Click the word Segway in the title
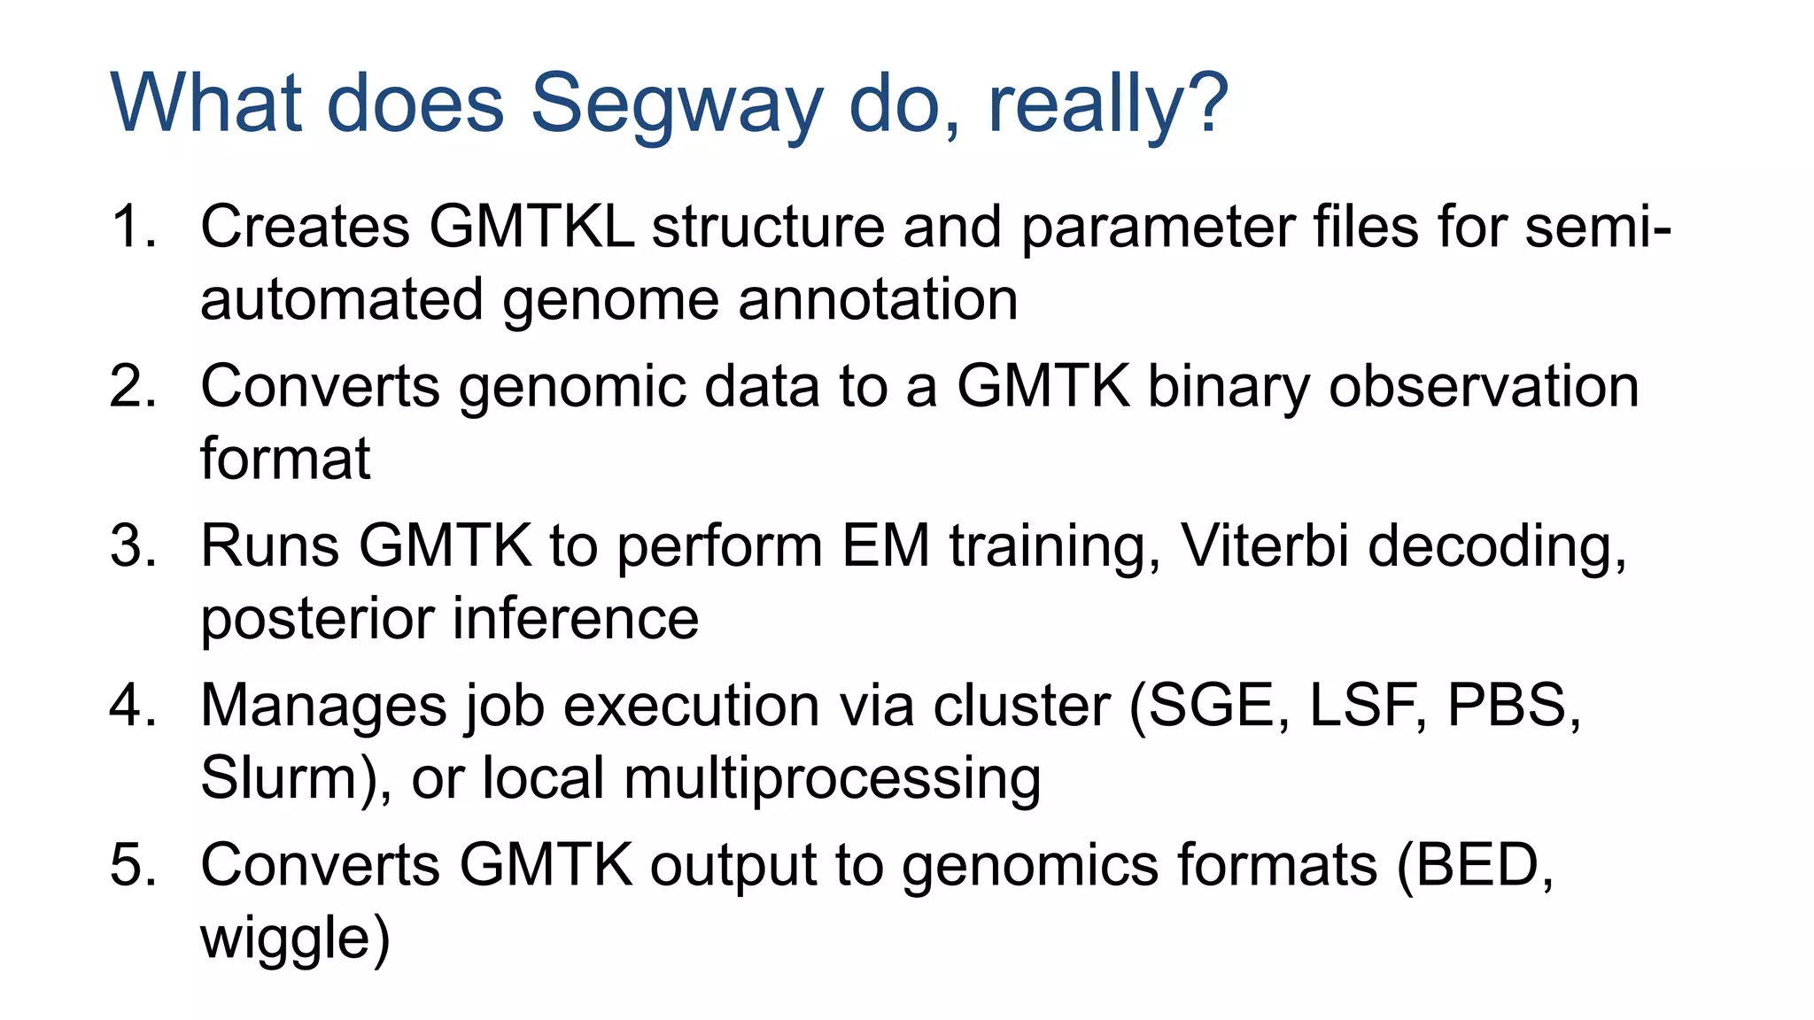(x=676, y=104)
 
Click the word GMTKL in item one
(x=531, y=227)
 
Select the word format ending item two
(x=284, y=459)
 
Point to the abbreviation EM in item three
(x=885, y=545)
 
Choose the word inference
(x=577, y=618)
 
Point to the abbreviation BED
(x=1476, y=865)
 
